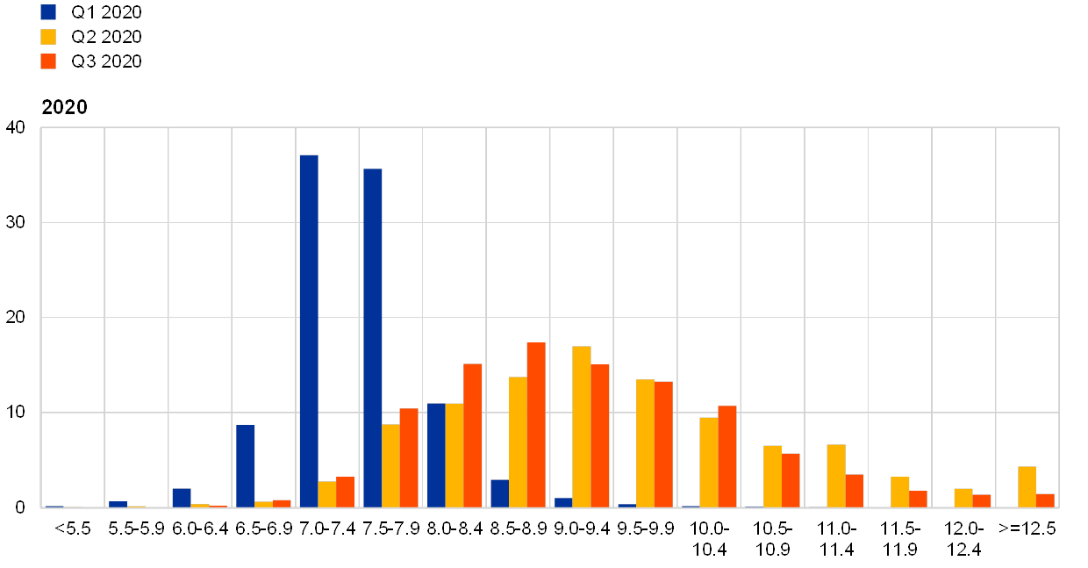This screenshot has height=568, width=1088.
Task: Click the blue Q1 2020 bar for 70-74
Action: (309, 331)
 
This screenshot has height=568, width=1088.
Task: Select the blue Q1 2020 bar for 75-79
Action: (372, 338)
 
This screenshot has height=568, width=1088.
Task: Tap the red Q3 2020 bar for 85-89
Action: (536, 425)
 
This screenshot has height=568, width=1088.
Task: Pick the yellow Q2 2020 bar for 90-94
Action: (582, 427)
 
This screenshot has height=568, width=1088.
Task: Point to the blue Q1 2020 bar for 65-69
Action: (245, 466)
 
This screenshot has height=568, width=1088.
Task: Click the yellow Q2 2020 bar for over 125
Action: (1027, 486)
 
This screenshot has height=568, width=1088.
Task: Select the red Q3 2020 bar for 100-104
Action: (727, 457)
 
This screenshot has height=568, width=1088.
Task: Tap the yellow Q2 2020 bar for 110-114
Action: (836, 476)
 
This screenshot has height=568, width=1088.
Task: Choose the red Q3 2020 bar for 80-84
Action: (473, 435)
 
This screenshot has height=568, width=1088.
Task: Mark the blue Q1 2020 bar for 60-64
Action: (182, 498)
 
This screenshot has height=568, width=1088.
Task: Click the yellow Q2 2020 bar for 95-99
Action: (645, 443)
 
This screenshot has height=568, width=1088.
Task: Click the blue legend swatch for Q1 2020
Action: (48, 12)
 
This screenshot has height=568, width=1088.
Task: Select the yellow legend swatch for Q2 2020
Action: (48, 37)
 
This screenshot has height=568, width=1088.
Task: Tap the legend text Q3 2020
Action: (107, 61)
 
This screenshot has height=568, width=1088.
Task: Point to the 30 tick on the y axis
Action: (16, 223)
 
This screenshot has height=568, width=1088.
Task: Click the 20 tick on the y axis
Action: (16, 318)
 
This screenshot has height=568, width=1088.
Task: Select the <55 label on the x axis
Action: (73, 528)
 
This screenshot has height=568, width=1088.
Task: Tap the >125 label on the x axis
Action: (1027, 528)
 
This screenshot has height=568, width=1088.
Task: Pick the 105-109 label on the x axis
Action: (772, 539)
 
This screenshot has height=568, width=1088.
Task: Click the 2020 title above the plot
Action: (65, 107)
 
